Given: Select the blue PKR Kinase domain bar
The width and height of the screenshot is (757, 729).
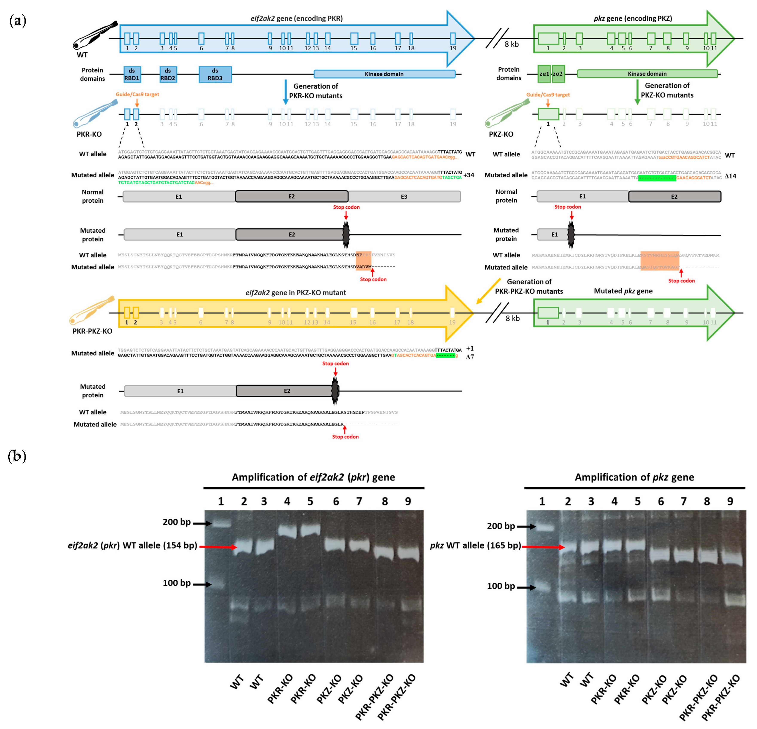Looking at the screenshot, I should (x=384, y=74).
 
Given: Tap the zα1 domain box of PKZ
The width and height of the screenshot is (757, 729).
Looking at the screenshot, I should (x=544, y=74).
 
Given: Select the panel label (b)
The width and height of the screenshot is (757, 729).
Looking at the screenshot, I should (x=17, y=456).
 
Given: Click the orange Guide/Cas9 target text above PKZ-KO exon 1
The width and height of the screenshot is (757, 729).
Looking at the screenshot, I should (x=548, y=95).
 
